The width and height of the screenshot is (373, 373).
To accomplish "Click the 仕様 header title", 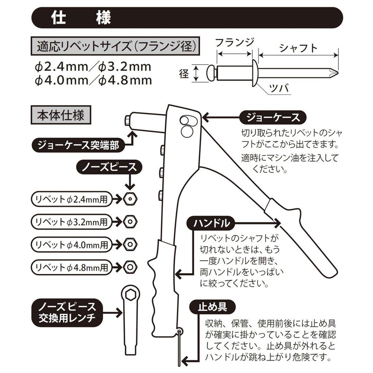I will point(81,18).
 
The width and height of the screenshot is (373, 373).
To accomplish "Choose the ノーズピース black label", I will point(109,167).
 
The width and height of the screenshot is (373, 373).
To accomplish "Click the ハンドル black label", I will point(210,223).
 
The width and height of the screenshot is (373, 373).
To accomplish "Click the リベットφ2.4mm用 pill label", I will point(71,199).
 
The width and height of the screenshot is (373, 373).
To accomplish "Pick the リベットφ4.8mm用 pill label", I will point(71,267).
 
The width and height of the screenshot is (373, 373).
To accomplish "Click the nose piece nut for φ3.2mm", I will point(129,221).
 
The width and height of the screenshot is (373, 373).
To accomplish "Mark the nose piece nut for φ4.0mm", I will point(129,244).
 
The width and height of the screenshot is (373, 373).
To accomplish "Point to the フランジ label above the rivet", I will point(235,43).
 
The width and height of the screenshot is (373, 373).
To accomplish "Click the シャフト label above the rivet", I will point(298,48).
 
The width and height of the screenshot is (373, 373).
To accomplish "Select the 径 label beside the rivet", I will point(184,74).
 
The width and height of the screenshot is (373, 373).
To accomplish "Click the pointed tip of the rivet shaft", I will point(336,73).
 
